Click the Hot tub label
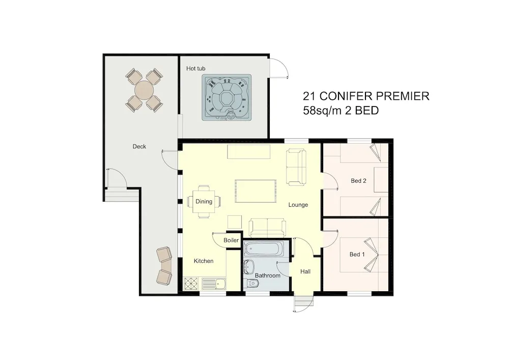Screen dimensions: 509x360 [195, 69]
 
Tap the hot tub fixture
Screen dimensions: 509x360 [227, 97]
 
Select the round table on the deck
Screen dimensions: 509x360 [144, 90]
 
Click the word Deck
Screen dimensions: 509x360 [139, 147]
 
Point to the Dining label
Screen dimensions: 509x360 [204, 201]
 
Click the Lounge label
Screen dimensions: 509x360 [298, 205]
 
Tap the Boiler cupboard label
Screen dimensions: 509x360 [231, 240]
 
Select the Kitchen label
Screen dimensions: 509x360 [204, 261]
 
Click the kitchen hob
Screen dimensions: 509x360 [191, 284]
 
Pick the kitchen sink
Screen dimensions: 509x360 [215, 284]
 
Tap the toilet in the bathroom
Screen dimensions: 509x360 [251, 284]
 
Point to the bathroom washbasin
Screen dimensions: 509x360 [249, 267]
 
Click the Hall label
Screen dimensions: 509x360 [305, 272]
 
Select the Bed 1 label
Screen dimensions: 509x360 [357, 255]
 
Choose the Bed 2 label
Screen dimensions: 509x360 [358, 181]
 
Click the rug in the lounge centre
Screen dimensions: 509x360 [256, 191]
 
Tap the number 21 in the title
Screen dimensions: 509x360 [309, 96]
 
